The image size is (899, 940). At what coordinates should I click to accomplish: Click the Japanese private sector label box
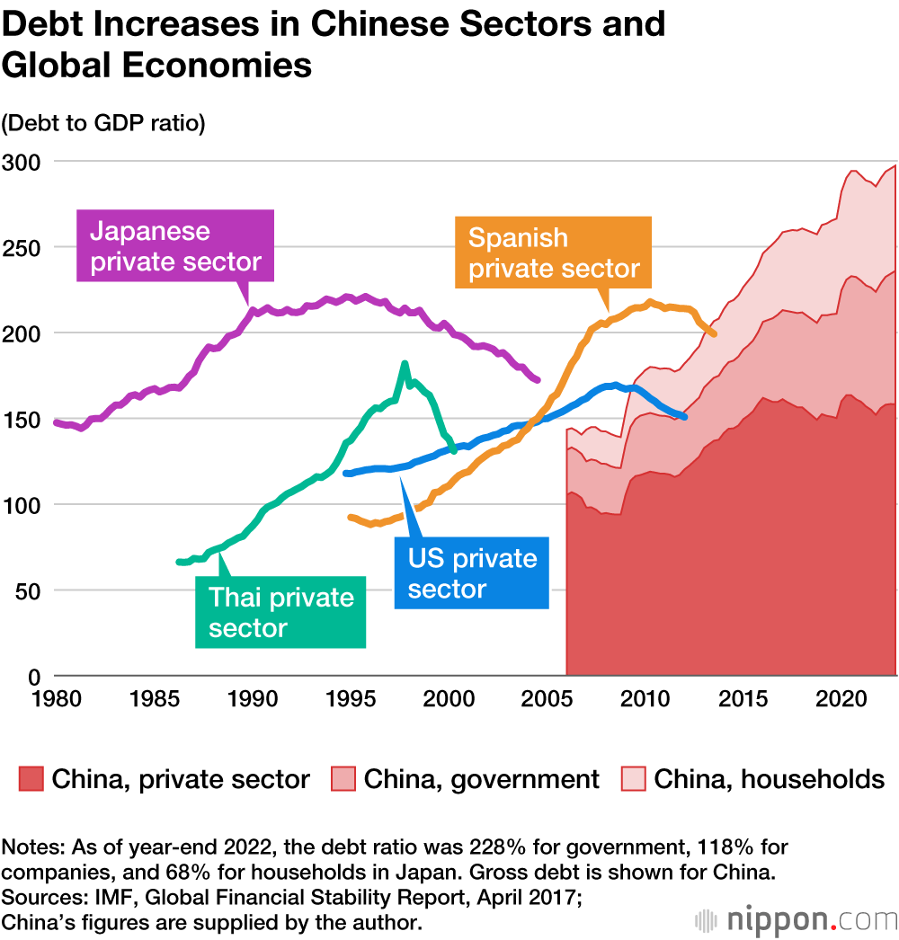(x=175, y=246)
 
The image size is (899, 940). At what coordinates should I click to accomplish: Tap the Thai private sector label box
(x=280, y=612)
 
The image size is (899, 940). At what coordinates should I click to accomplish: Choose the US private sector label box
(x=472, y=573)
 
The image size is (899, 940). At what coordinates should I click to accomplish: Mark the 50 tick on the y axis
(x=23, y=591)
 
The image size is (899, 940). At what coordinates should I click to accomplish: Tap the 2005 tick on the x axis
(x=546, y=697)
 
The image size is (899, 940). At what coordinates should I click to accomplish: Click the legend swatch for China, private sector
(x=31, y=778)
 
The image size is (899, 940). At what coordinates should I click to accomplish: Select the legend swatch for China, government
(x=343, y=778)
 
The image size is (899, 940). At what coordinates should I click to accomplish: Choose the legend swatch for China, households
(x=634, y=778)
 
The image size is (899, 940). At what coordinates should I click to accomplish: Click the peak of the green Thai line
(x=405, y=363)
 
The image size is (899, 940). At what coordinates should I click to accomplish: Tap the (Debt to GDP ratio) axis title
(x=103, y=123)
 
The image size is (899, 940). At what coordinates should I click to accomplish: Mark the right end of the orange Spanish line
(x=714, y=334)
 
